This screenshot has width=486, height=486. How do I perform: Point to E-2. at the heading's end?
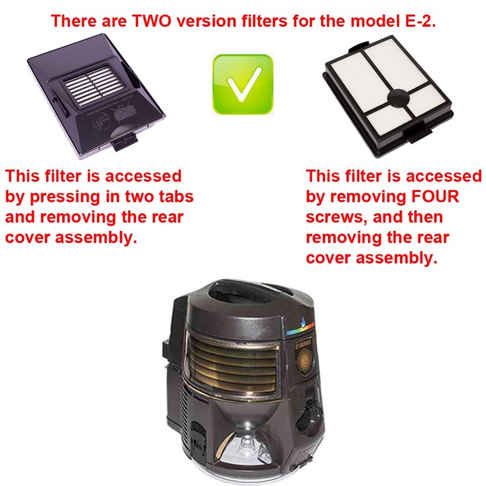point(419,21)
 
